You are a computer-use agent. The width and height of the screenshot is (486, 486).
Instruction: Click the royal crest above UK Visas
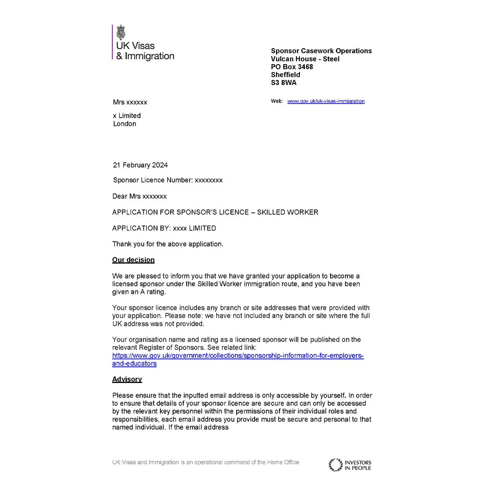[121, 33]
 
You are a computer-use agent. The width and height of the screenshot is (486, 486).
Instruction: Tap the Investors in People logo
[350, 465]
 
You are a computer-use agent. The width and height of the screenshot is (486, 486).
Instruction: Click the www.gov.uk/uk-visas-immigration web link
[326, 101]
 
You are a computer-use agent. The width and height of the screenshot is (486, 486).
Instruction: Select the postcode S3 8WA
[284, 83]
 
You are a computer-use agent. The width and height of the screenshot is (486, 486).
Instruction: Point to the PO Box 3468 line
[292, 67]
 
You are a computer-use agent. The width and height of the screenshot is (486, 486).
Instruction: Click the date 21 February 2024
[140, 165]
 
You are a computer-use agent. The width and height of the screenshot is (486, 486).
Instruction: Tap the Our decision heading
[133, 260]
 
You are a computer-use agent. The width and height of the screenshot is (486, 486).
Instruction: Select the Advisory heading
[127, 379]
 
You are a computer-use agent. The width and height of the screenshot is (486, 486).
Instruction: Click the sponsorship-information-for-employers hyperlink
[238, 356]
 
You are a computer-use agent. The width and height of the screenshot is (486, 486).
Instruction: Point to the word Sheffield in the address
[285, 75]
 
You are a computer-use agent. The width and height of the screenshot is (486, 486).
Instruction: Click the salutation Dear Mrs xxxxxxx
[139, 196]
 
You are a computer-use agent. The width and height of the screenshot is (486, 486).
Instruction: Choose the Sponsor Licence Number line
[168, 180]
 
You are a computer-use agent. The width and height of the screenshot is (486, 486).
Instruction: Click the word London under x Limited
[124, 124]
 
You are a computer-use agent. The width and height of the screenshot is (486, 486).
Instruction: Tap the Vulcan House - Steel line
[305, 59]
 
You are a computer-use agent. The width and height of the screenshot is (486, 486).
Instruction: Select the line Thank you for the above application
[168, 244]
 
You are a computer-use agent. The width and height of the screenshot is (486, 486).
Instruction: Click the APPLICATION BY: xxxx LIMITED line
[164, 228]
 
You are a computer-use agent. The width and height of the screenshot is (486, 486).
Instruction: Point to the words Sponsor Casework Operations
[321, 51]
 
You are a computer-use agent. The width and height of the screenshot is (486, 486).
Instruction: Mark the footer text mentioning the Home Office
[206, 462]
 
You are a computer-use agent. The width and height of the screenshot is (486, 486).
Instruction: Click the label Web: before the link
[277, 101]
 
